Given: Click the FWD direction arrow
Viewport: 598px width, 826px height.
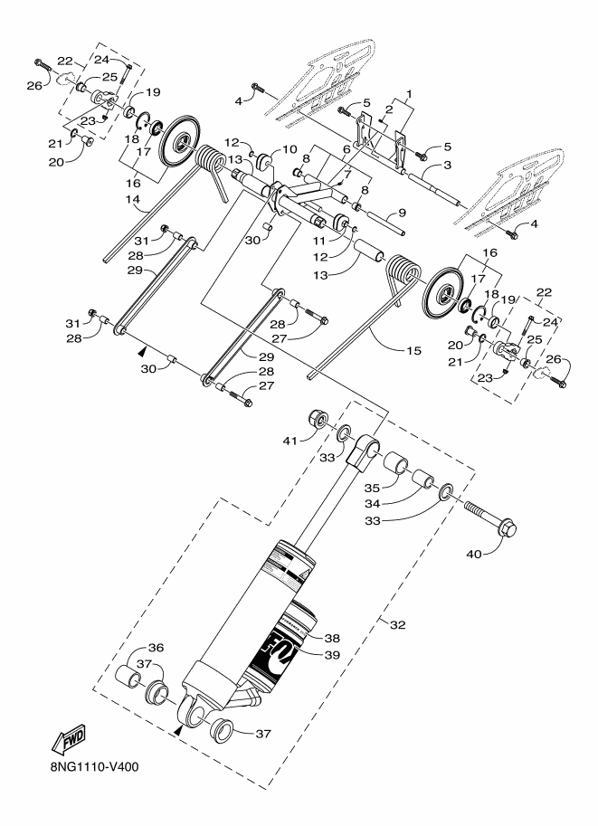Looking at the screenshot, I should click(x=69, y=743).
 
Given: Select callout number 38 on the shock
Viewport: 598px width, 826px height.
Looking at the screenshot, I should click(x=331, y=636).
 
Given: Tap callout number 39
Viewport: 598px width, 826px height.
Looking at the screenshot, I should click(x=331, y=654).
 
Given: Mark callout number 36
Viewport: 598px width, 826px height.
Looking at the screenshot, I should click(x=157, y=648).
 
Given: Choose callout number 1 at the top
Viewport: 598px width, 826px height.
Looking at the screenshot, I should click(x=408, y=93).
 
